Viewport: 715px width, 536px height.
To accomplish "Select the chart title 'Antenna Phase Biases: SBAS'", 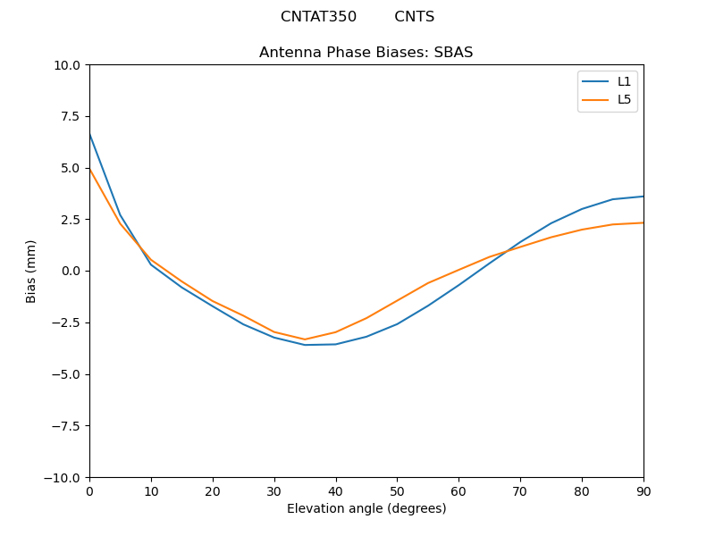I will click(366, 53).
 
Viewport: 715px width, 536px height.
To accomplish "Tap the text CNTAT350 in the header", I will click(318, 17).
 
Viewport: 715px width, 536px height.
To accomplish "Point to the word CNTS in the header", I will click(414, 17).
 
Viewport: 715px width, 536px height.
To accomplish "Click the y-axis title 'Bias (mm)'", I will click(31, 271).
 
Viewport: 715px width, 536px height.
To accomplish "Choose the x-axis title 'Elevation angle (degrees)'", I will click(366, 508).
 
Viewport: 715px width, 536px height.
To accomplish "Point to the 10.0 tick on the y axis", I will click(68, 65).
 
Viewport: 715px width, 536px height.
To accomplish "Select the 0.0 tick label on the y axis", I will click(71, 271).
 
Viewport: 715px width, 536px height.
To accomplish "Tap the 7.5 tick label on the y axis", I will click(71, 116).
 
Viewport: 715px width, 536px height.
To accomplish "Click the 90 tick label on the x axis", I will click(643, 490).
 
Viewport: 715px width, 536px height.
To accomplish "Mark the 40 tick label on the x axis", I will click(335, 490).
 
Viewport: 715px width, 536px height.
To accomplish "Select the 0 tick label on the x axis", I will click(89, 490).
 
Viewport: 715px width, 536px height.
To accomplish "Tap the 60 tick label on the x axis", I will click(458, 490).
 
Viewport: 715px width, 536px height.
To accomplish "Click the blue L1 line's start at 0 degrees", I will click(89, 133).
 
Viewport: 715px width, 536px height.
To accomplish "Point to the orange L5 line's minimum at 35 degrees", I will click(305, 339).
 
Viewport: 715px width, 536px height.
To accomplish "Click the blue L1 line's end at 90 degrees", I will click(643, 197).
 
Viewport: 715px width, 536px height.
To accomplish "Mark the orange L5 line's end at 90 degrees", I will click(643, 222).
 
